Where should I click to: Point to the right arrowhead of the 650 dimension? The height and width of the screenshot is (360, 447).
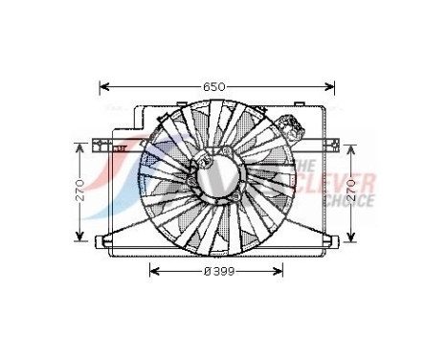pos(334,86)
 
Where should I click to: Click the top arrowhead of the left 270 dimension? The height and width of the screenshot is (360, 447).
pos(80,146)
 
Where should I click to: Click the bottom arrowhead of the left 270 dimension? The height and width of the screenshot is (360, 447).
pos(80,239)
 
